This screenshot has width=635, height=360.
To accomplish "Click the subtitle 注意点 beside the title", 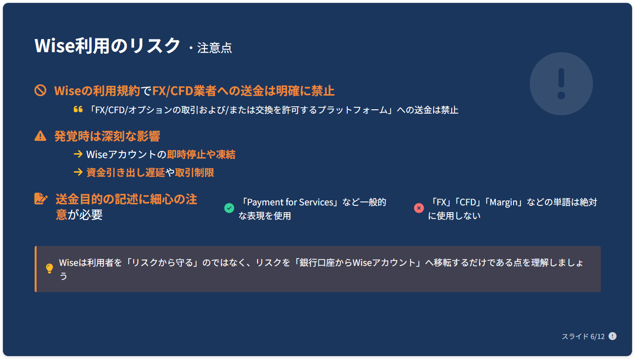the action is (215, 48).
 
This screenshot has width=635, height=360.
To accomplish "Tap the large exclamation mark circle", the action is (561, 83).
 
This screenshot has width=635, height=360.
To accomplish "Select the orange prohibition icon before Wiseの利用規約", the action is (40, 90).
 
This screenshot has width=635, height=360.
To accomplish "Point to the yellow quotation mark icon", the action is (78, 109).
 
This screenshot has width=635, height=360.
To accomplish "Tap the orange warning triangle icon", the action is (40, 136).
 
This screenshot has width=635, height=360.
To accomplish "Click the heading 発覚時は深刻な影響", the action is (107, 136).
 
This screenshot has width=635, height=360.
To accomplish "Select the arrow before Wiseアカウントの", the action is (78, 154).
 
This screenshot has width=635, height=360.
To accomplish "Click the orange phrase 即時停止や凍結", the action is (201, 155).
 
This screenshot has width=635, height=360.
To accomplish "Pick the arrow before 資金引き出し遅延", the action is (78, 172).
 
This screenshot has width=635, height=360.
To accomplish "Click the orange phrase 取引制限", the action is (194, 173).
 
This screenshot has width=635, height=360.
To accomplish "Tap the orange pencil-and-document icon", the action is (41, 199).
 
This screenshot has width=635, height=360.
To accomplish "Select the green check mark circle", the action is (229, 208).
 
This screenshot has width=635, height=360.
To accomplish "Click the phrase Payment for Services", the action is (290, 202).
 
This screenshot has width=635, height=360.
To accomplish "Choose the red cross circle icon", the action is (419, 208).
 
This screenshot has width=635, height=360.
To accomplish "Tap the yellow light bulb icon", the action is (49, 269).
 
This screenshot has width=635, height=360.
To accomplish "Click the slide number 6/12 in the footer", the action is (597, 337).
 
